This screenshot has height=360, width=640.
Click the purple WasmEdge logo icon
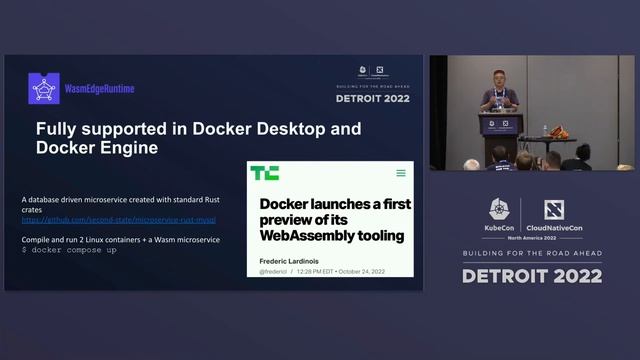[44, 88]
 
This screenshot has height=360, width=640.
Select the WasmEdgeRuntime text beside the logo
[99, 89]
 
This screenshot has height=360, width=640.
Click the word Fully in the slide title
[56, 129]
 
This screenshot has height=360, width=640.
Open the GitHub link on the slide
[119, 219]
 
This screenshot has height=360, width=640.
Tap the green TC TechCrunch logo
[265, 173]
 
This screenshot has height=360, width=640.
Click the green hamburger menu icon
[401, 173]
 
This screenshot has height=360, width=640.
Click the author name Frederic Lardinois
[298, 261]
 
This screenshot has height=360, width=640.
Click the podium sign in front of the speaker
[500, 125]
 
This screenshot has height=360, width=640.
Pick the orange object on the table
[558, 132]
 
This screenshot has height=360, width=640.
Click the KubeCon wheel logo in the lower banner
[501, 209]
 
